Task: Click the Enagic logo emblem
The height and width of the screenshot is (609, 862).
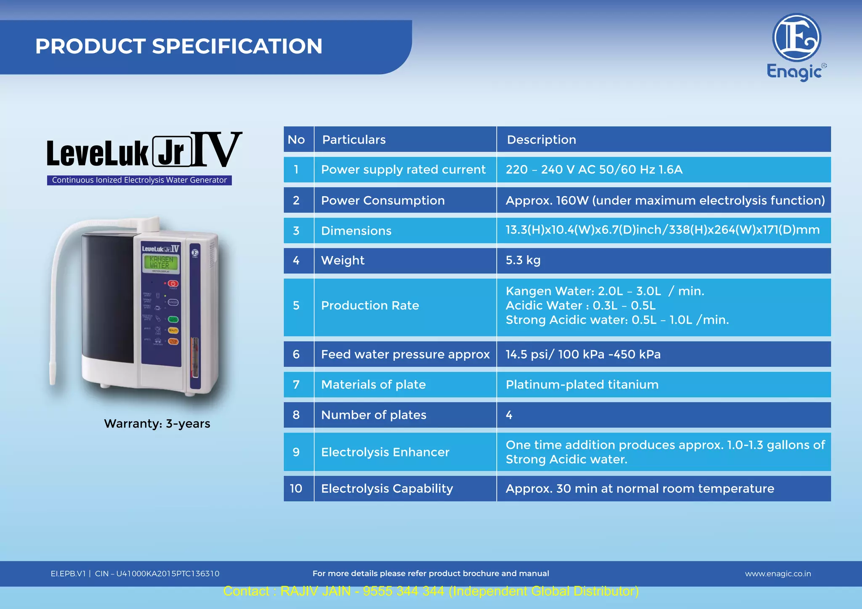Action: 796,38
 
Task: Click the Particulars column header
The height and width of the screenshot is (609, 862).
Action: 354,139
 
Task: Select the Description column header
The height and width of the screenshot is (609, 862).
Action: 541,139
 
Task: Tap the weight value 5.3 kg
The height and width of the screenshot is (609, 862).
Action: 523,260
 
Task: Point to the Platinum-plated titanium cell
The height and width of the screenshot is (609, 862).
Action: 582,385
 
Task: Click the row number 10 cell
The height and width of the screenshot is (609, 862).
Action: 296,489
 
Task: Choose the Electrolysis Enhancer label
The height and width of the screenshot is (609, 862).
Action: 385,452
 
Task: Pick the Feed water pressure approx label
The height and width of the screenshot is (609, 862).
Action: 405,354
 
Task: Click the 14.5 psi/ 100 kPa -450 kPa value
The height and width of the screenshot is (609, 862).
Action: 583,354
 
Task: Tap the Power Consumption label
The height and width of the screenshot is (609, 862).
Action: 383,200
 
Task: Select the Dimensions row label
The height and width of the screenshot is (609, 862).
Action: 356,231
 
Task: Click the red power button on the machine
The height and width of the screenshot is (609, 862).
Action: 173,284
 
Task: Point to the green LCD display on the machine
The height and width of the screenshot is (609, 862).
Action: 160,262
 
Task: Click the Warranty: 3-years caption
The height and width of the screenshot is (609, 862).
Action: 157,423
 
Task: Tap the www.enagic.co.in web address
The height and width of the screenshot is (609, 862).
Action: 777,574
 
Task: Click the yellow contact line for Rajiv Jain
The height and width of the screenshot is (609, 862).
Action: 431,591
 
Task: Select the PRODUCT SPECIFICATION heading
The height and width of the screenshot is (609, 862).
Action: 178,46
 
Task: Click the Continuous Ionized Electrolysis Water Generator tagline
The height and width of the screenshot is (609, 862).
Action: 139,180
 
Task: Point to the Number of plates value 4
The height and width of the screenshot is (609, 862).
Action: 509,415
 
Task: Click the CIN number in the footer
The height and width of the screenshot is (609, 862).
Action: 157,574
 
